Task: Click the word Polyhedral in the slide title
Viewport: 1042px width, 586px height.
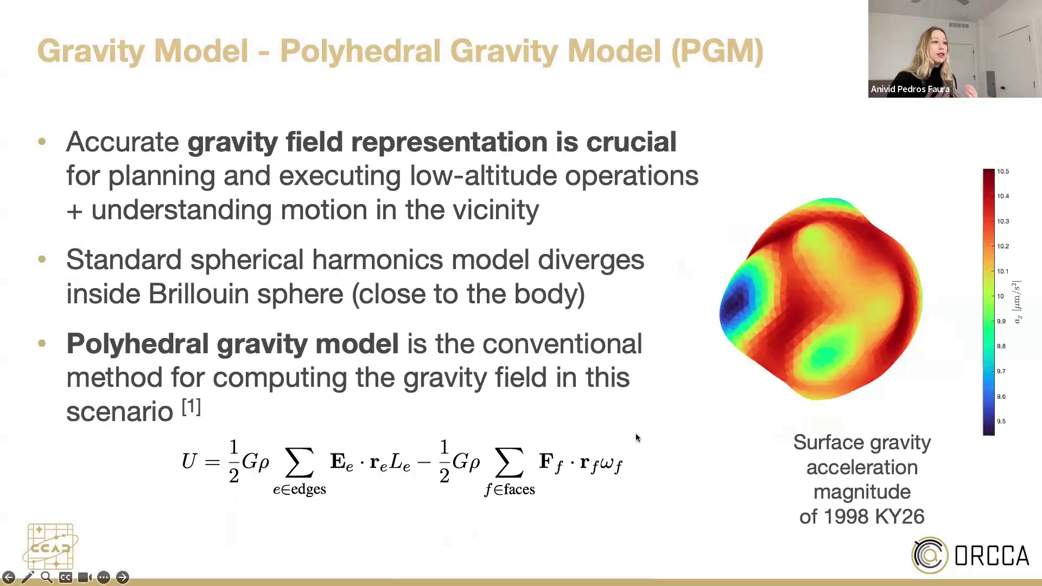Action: point(361,52)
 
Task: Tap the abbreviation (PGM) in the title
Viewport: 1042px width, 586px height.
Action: point(717,52)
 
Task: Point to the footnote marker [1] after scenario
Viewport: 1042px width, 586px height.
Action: point(191,406)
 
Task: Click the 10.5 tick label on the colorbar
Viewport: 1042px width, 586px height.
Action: point(1002,171)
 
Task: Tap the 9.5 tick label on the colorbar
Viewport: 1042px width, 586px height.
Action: point(1001,421)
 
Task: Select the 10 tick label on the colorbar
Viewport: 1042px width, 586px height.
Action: point(1000,296)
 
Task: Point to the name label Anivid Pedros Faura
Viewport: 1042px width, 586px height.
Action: point(910,90)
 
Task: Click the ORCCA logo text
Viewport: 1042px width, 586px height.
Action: point(992,556)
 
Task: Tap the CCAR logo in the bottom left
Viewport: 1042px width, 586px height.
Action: point(50,546)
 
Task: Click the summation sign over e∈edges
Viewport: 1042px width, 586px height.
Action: point(300,462)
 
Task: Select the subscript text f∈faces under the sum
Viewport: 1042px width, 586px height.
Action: point(510,489)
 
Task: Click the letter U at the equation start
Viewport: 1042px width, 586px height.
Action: point(189,461)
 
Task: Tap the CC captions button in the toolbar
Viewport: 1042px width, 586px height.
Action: point(66,577)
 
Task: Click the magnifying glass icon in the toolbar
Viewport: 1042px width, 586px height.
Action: point(47,577)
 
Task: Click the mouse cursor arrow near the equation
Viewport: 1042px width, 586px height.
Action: point(638,437)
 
